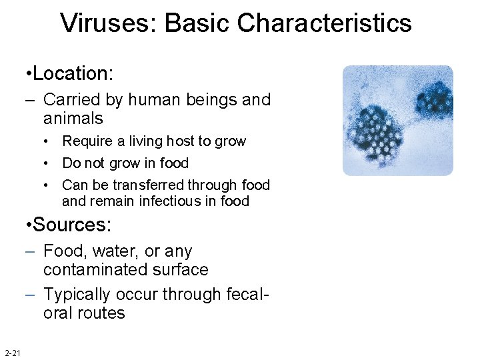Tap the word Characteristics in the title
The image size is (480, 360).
[x=324, y=23]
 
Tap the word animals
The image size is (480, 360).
[x=73, y=119]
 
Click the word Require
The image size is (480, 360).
[x=87, y=141]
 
